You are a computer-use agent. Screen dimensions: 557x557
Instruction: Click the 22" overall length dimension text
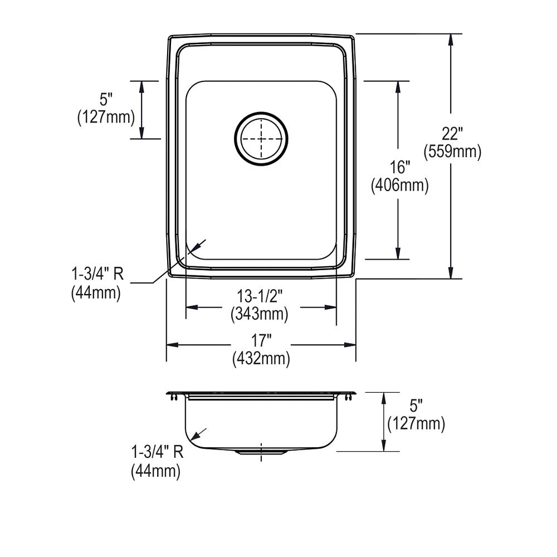click(x=452, y=134)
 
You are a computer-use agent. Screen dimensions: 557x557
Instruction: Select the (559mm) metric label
click(x=452, y=152)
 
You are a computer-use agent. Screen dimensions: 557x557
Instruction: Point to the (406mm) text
click(x=400, y=185)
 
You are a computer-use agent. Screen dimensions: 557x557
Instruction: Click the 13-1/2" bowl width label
click(x=260, y=296)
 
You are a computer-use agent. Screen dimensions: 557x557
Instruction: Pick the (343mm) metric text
click(x=260, y=314)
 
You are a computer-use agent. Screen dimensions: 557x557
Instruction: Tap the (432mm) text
click(x=261, y=359)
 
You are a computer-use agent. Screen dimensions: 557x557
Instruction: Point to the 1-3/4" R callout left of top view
click(x=96, y=275)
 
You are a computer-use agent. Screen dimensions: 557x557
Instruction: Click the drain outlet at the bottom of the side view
click(x=261, y=453)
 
